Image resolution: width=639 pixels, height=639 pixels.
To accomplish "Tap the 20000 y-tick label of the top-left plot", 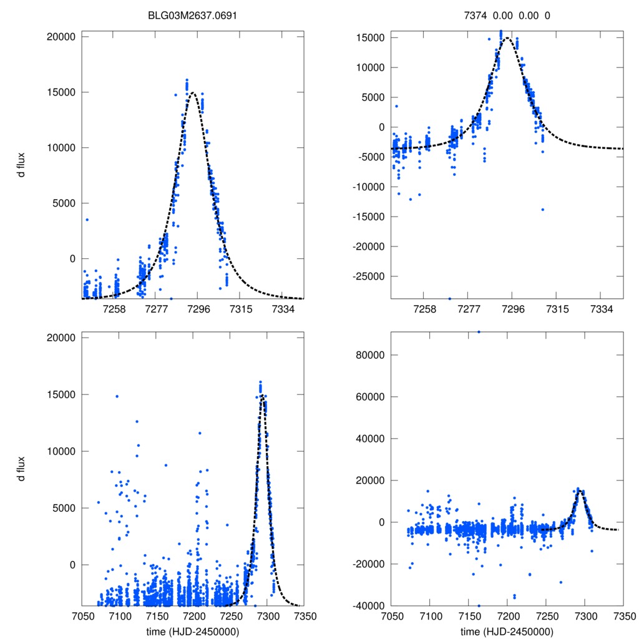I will pyautogui.click(x=61, y=37).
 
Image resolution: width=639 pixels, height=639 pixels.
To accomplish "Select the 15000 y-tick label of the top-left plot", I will pyautogui.click(x=61, y=92).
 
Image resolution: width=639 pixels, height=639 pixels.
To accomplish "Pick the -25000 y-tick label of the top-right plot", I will pyautogui.click(x=368, y=276).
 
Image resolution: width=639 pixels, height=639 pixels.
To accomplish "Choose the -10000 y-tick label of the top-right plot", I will pyautogui.click(x=368, y=187).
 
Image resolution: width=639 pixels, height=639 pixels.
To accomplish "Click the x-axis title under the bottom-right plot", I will pyautogui.click(x=507, y=632).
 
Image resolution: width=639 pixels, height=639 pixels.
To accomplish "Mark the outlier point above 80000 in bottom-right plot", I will pyautogui.click(x=479, y=332).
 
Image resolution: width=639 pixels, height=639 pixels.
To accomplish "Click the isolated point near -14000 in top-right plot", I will pyautogui.click(x=543, y=210).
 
